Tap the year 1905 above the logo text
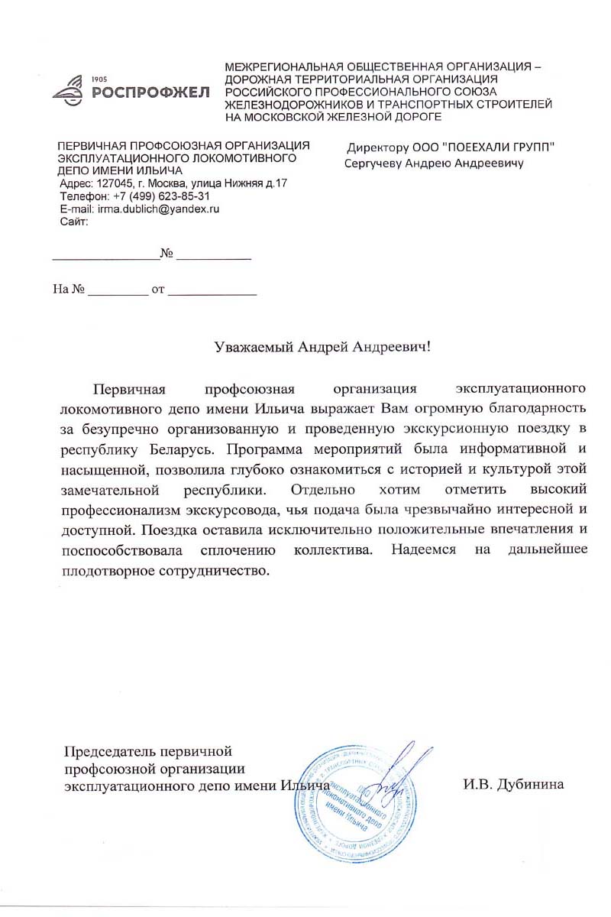pos(99,80)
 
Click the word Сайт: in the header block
pos(74,222)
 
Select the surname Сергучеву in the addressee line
pos(377,163)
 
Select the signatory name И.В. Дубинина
pos(512,784)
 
